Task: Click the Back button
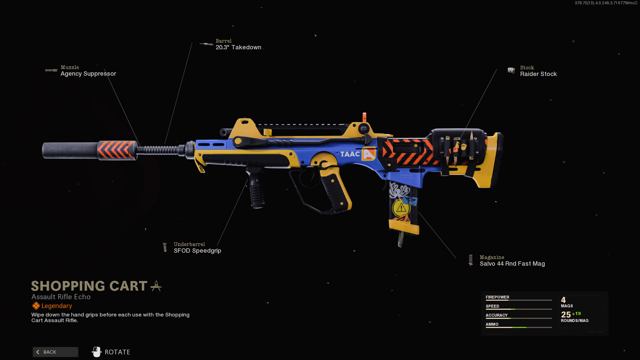point(55,352)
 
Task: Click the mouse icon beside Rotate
point(97,352)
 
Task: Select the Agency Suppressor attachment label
point(88,74)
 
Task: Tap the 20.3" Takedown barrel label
point(238,47)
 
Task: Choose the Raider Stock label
point(538,74)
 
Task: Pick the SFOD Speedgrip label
point(197,251)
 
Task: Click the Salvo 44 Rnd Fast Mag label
point(512,264)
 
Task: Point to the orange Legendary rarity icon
point(36,306)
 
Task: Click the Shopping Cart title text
point(89,286)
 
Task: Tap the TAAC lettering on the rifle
point(350,154)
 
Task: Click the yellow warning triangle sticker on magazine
point(401,208)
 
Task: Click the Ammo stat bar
point(519,327)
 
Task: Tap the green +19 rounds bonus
point(576,314)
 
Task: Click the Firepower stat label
point(497,297)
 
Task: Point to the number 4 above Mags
point(563,300)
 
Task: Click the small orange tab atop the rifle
point(364,117)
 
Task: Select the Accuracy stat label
point(496,315)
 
